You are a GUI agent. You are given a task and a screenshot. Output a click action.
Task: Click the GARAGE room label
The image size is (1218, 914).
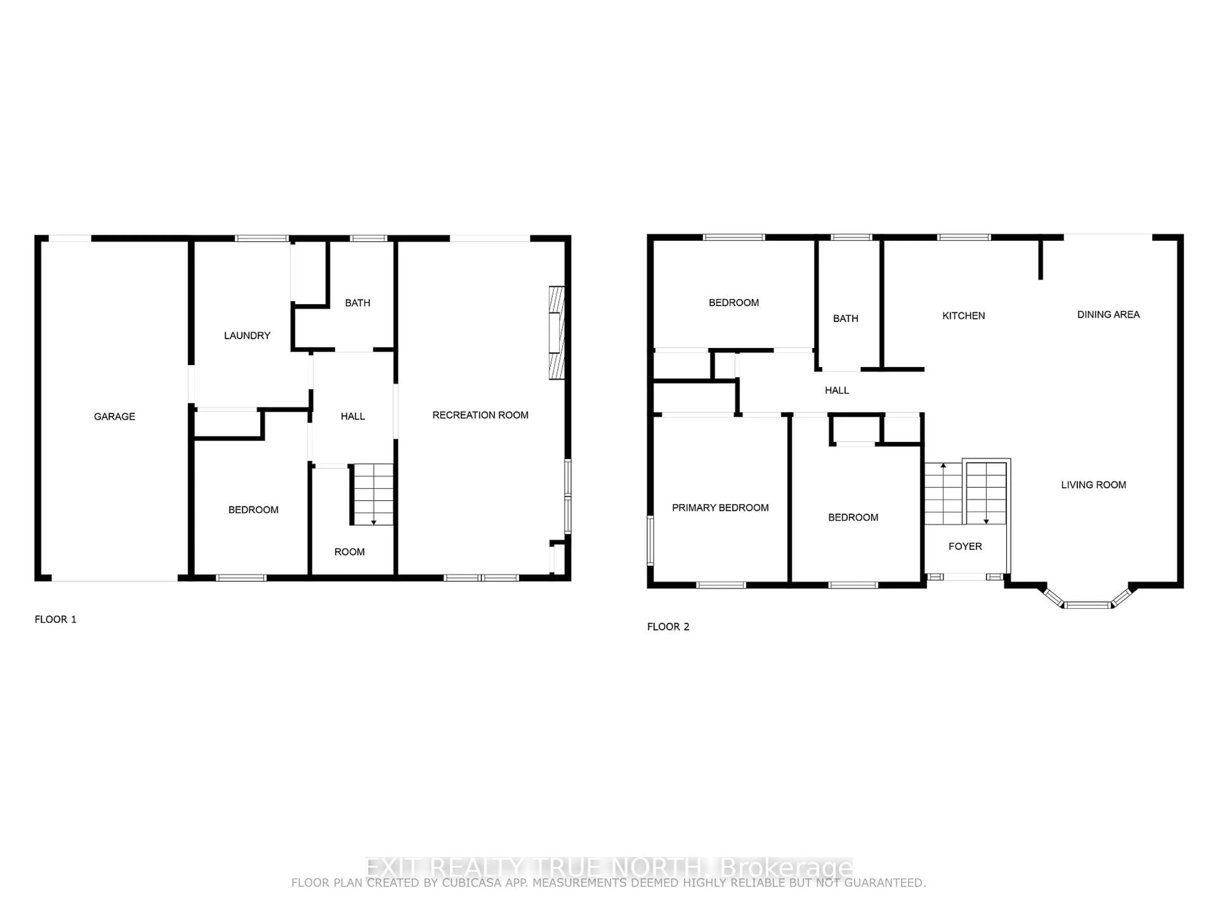coord(115,416)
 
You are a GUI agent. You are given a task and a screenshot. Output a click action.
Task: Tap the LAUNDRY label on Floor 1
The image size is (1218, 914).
coord(247,335)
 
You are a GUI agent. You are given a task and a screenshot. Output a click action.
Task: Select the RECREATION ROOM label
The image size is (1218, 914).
coord(480,415)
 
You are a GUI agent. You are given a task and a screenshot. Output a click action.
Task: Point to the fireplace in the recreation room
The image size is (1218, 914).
coord(557,333)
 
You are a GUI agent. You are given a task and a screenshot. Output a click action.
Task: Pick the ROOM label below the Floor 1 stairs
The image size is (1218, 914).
coord(350,552)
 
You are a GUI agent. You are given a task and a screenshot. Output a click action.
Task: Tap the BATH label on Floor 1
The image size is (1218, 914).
coord(358,303)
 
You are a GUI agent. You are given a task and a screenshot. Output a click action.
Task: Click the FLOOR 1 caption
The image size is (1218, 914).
coord(56,619)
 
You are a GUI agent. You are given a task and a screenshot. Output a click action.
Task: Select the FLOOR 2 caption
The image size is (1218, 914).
coord(668,626)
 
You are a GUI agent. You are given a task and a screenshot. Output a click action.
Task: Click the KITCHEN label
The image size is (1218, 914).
coord(964,316)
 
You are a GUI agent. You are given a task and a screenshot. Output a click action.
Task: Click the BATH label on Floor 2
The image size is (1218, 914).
coord(846,318)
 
